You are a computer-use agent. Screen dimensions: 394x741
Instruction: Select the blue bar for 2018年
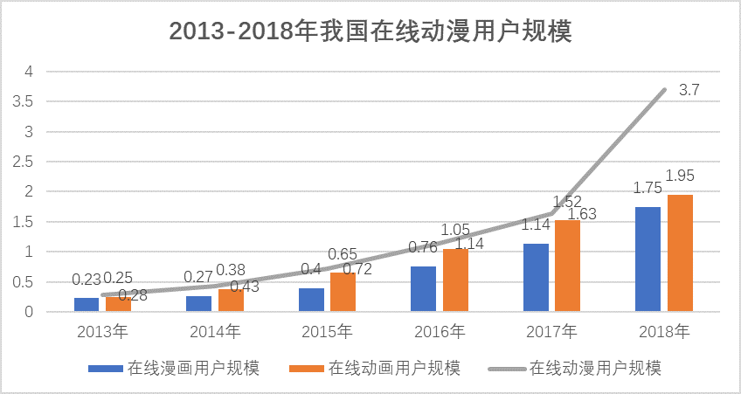(x=648, y=259)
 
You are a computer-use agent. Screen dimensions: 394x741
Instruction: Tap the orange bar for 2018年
(x=680, y=252)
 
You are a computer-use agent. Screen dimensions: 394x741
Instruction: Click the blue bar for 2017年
(x=536, y=277)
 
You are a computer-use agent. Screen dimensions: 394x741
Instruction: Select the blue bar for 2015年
(x=311, y=300)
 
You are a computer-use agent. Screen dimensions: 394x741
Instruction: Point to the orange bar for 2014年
(x=231, y=300)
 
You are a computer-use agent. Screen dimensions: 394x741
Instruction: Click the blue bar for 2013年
(x=87, y=305)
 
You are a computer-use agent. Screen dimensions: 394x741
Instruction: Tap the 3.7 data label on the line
(x=689, y=89)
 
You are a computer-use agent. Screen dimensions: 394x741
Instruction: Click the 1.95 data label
(x=680, y=176)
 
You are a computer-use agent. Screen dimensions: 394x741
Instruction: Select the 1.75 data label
(x=647, y=188)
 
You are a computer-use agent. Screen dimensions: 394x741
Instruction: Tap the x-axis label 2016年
(x=440, y=332)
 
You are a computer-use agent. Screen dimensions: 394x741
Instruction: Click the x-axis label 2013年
(x=102, y=332)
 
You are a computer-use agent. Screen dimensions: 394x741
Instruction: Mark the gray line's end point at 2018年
(x=664, y=90)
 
